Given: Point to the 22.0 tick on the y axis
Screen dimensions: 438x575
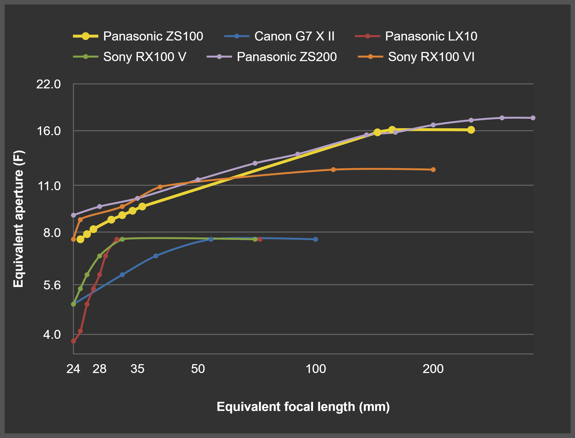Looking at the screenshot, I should (48, 84).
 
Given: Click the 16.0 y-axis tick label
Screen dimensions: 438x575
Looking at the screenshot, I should (48, 131).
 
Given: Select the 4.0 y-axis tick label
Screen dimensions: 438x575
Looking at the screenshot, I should (52, 334).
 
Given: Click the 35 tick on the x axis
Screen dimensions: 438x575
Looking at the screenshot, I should (137, 369).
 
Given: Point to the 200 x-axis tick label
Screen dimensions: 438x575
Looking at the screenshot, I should (433, 369).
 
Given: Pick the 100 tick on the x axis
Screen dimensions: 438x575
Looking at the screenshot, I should (316, 369).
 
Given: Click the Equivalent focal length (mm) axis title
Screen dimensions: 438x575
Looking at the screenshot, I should (303, 407).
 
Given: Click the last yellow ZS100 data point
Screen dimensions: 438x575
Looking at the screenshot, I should (471, 130).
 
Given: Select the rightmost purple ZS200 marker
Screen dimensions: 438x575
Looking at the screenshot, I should (533, 118).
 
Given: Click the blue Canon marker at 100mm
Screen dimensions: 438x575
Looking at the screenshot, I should (316, 239).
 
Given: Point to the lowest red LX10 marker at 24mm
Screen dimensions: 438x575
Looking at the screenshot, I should (74, 341).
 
